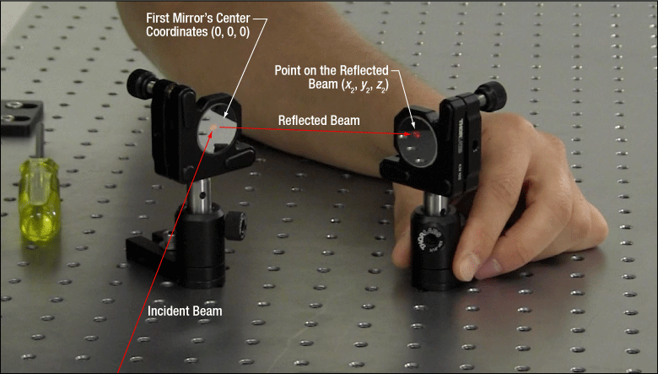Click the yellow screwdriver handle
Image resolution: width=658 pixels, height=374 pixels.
click(x=39, y=199)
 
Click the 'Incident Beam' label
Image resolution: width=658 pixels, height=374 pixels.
click(x=185, y=311)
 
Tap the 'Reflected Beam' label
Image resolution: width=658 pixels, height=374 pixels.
click(x=319, y=121)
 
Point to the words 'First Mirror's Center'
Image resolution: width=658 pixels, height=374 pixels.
click(x=197, y=18)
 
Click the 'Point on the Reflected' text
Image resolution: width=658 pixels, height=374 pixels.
click(x=332, y=70)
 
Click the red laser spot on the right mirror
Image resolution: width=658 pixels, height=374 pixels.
click(x=417, y=135)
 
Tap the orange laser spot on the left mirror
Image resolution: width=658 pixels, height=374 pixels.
click(x=213, y=127)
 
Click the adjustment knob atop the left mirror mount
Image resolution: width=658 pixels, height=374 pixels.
click(x=141, y=84)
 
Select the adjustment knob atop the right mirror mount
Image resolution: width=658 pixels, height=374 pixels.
click(x=492, y=96)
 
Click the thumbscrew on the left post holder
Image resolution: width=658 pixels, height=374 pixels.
click(x=236, y=225)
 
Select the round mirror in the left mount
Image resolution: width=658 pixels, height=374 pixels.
click(x=218, y=129)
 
